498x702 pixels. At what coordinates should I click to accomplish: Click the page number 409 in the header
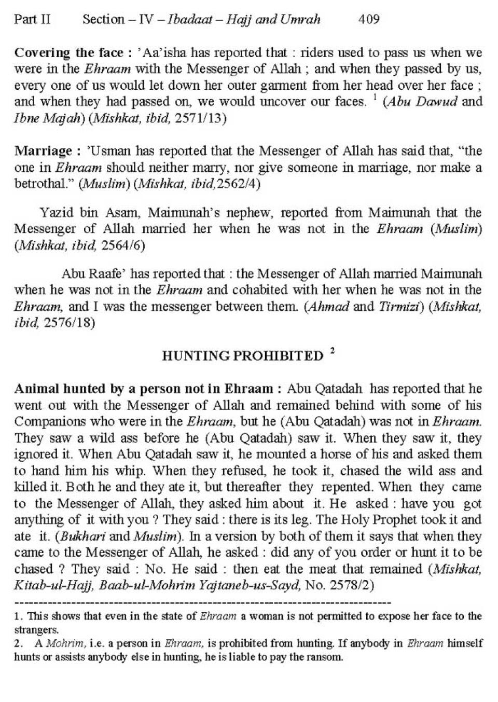[369, 20]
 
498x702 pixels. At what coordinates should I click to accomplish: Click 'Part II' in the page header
[32, 20]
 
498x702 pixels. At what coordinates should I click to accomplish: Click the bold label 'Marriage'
[44, 152]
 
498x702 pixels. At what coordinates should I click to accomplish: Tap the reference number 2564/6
[123, 245]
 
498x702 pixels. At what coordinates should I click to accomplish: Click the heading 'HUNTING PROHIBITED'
[243, 356]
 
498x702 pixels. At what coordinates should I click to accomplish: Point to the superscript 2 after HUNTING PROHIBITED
[332, 351]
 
